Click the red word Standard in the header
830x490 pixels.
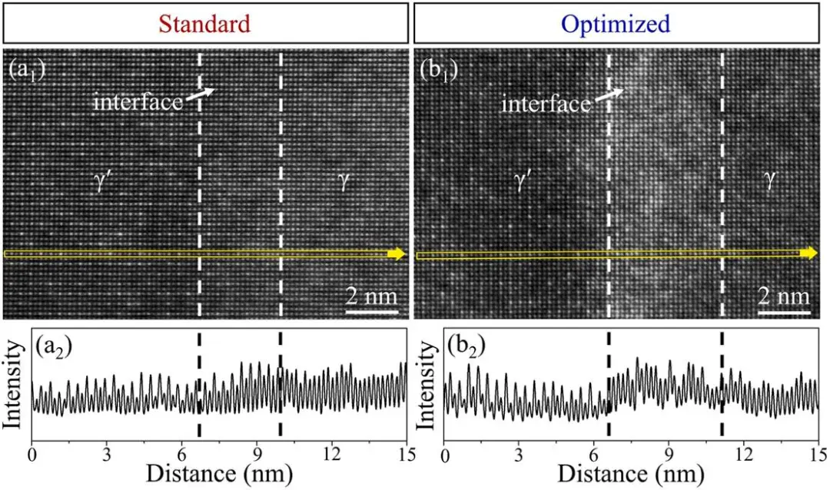click(x=205, y=24)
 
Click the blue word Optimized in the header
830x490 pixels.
click(x=616, y=24)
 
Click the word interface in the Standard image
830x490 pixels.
click(x=138, y=101)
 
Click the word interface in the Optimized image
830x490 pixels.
click(x=546, y=103)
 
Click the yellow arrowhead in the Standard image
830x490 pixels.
click(x=399, y=253)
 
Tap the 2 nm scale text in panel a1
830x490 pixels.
click(x=371, y=296)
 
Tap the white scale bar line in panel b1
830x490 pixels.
click(x=784, y=312)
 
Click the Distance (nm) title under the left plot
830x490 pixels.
click(x=219, y=472)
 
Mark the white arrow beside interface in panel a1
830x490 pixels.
click(x=202, y=94)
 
